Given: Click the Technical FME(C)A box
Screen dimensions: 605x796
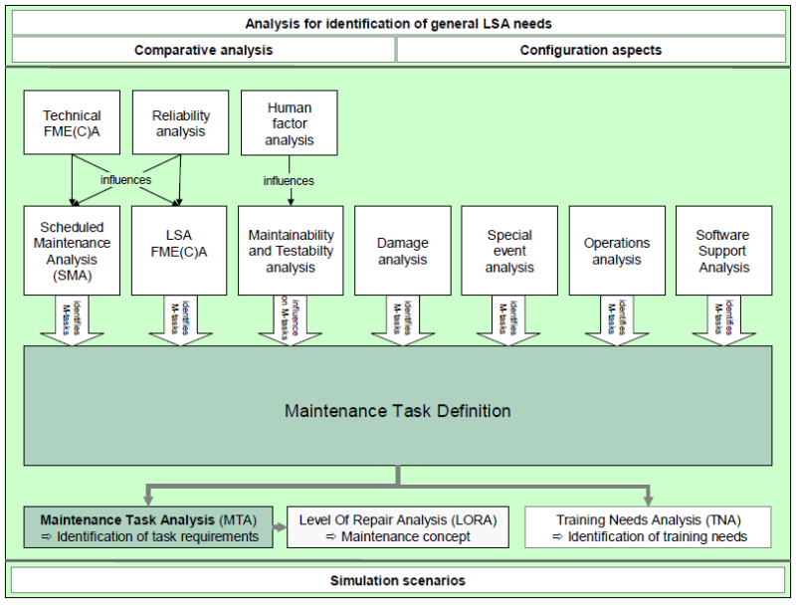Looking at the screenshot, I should [x=72, y=123].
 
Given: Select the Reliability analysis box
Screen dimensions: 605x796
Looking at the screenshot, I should [x=180, y=123].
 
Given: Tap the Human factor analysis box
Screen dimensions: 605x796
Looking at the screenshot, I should [x=289, y=123].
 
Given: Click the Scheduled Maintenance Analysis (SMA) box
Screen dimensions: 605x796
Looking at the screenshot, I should [x=72, y=251].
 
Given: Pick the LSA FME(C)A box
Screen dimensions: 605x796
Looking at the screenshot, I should [x=180, y=251].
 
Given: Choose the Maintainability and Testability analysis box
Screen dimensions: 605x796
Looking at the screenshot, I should [x=291, y=251].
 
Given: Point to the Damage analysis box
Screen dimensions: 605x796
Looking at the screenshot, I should [x=402, y=251].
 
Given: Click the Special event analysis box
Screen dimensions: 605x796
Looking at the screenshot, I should [x=509, y=251].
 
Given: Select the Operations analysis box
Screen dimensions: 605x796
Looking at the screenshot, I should [x=617, y=251].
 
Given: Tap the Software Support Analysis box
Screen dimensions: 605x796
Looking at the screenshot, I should [x=723, y=251].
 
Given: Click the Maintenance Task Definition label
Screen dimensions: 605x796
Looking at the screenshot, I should [x=398, y=410].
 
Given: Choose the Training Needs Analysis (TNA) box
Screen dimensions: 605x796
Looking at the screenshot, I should [x=649, y=527].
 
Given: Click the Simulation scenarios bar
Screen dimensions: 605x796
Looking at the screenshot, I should [x=398, y=580].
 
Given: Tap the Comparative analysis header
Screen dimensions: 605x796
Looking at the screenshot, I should [x=203, y=50].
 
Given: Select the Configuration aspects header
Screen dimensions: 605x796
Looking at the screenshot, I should [x=591, y=50].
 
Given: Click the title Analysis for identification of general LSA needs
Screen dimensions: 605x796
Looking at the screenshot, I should [x=398, y=23].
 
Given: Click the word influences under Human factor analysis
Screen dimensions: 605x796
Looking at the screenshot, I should [x=289, y=181].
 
